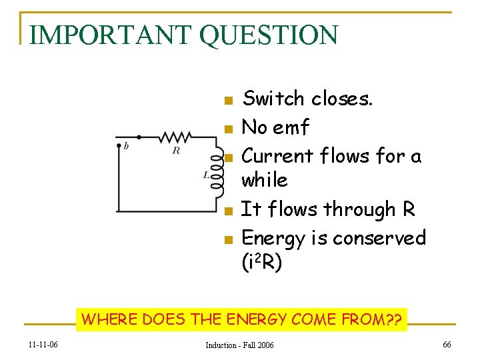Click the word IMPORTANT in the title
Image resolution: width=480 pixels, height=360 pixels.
point(111,35)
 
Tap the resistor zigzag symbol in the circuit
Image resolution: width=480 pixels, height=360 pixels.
point(175,137)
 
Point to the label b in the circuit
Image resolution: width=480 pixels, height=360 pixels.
point(126,146)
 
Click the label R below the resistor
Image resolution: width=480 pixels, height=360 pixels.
point(176,151)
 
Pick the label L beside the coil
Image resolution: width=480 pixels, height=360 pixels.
point(207,175)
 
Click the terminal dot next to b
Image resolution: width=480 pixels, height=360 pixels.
point(119,144)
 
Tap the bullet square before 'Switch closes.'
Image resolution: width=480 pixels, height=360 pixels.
point(228,101)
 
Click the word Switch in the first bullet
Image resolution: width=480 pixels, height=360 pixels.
point(273,99)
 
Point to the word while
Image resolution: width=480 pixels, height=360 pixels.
point(264,180)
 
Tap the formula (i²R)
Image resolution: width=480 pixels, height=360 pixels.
point(262,263)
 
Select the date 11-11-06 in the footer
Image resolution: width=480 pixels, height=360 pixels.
point(43,345)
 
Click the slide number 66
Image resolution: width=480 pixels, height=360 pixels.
point(446,344)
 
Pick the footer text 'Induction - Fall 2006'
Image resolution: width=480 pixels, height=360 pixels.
point(239,345)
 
